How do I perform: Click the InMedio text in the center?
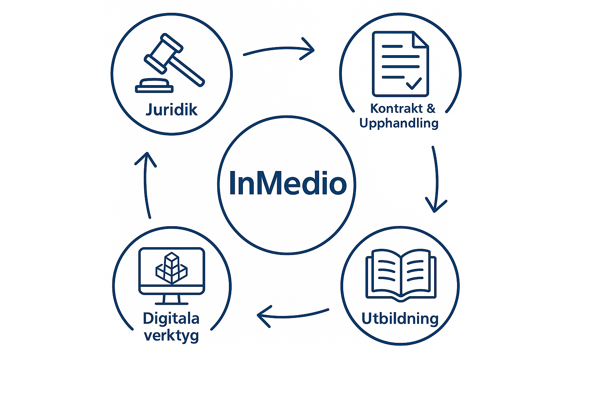point(287,183)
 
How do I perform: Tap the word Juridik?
point(171,110)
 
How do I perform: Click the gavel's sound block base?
point(154,86)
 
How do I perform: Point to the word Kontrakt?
point(396,108)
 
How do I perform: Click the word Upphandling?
point(399,123)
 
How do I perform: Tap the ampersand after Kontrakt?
point(431,108)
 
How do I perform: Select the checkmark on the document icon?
point(414,83)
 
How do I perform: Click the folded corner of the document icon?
point(421,39)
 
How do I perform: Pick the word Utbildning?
point(400,319)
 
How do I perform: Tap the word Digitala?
point(171,319)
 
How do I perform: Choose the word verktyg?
point(171,335)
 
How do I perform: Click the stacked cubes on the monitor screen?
point(171,268)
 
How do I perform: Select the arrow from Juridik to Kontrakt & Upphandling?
point(279,49)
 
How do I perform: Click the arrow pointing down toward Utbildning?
point(436,179)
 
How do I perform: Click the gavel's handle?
point(187,70)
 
